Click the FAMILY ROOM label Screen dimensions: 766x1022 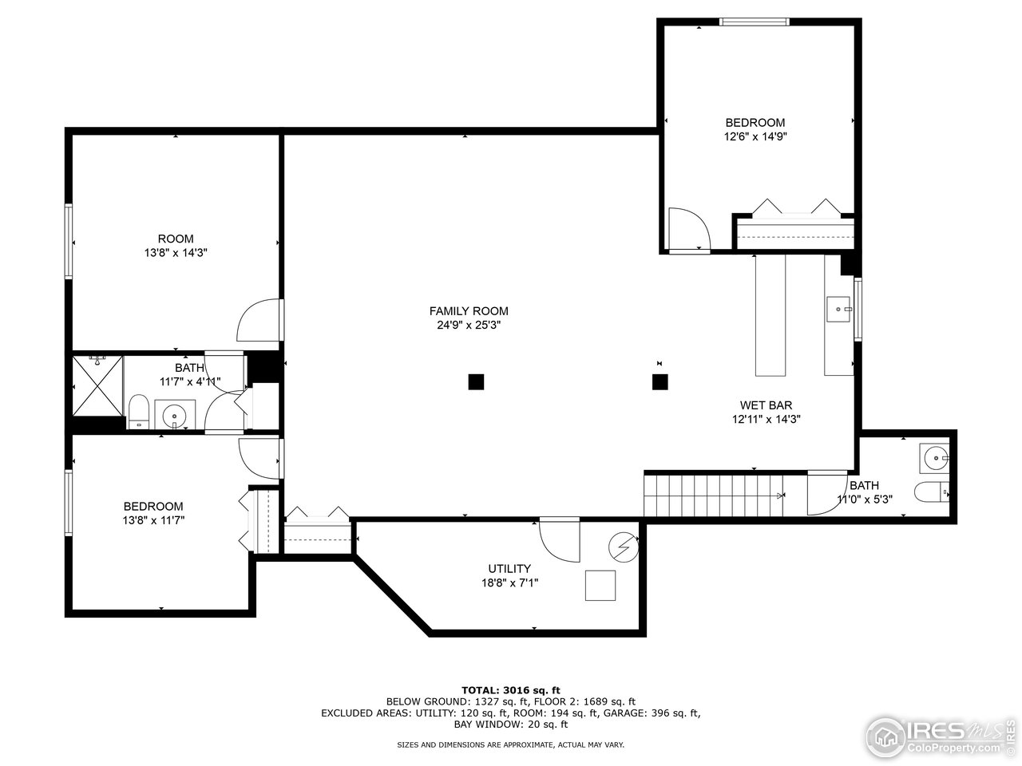[468, 311]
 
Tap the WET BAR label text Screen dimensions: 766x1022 [766, 405]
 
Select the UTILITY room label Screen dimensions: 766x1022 [509, 568]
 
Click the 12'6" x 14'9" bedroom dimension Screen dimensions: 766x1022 [755, 136]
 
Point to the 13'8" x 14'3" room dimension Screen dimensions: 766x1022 [175, 252]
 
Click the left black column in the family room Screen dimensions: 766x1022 [476, 381]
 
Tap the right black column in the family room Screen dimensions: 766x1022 [660, 381]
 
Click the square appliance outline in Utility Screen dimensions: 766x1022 [600, 586]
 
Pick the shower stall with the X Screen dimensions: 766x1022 [97, 386]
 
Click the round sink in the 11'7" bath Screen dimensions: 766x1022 [174, 416]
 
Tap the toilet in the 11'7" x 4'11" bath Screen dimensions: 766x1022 [139, 411]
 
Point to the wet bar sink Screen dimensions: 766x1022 [838, 309]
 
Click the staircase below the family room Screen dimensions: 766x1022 [714, 496]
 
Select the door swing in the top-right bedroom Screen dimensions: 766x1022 [688, 230]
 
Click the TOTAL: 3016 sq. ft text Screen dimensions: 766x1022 [510, 689]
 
